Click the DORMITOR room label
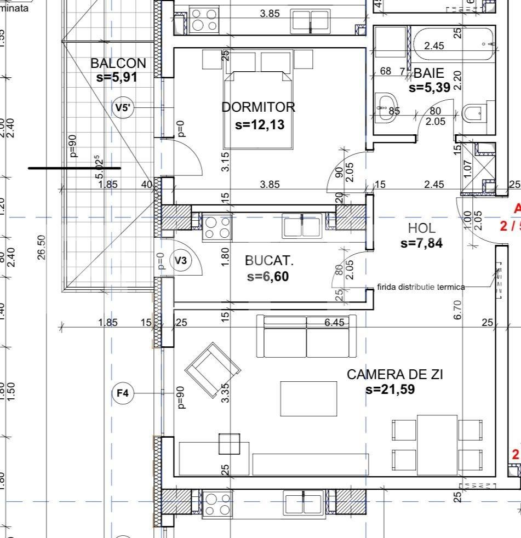click(258, 107)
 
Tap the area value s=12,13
click(260, 124)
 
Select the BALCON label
click(118, 63)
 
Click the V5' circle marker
click(124, 107)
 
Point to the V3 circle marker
click(180, 261)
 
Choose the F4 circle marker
click(123, 393)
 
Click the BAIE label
click(428, 73)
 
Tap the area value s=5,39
click(430, 87)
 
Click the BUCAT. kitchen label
click(269, 261)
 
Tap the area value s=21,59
click(390, 390)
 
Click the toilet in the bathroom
click(473, 114)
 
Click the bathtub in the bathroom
click(454, 45)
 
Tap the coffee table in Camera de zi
click(309, 398)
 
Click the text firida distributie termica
click(421, 287)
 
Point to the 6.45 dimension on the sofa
click(334, 323)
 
